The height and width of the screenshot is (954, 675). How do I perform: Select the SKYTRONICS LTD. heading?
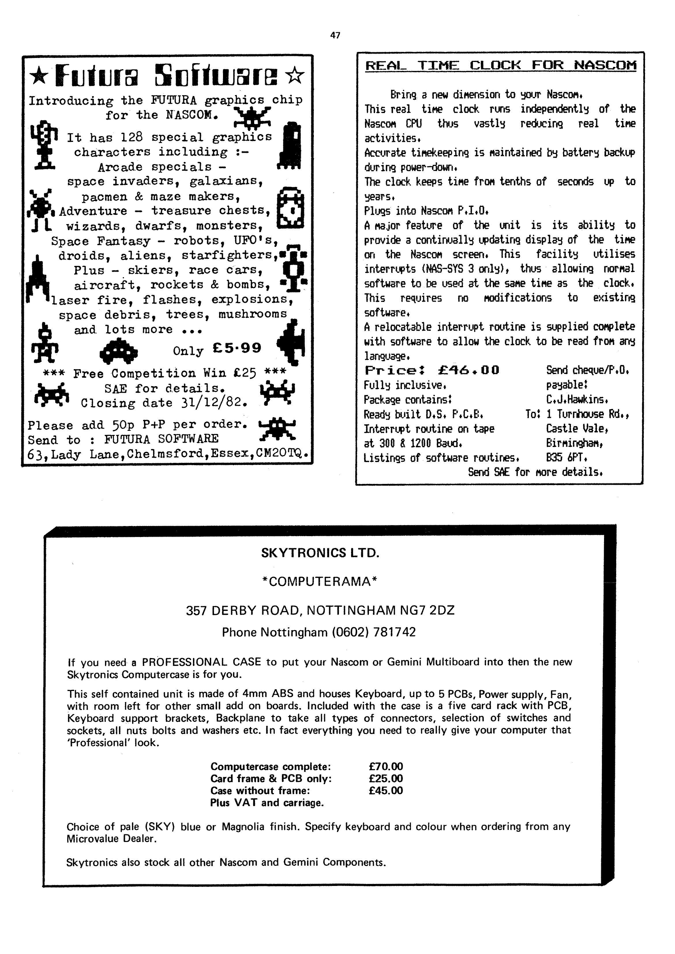click(x=320, y=553)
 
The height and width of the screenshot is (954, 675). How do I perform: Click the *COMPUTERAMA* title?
click(x=320, y=581)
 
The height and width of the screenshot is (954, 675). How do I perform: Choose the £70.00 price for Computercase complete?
click(x=386, y=766)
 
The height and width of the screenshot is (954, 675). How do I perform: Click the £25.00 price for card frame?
click(x=386, y=778)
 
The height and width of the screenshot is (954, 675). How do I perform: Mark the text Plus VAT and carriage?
click(x=267, y=803)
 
